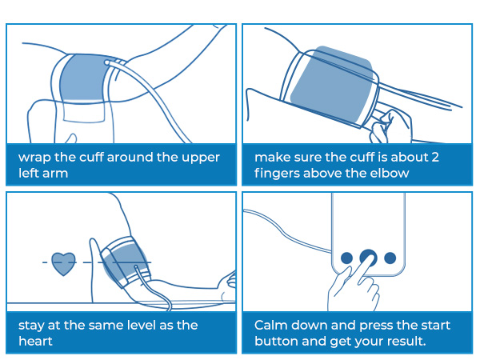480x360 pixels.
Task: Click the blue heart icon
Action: pyautogui.click(x=63, y=263)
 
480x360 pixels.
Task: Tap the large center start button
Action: pyautogui.click(x=368, y=258)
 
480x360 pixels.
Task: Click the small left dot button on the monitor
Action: pyautogui.click(x=346, y=258)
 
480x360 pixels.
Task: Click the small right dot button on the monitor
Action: pyautogui.click(x=390, y=258)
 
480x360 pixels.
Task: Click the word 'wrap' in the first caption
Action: pyautogui.click(x=34, y=157)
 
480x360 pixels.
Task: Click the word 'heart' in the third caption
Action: pyautogui.click(x=35, y=341)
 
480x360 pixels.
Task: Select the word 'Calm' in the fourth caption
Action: pyautogui.click(x=271, y=325)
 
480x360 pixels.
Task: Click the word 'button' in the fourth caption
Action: pyautogui.click(x=277, y=341)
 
